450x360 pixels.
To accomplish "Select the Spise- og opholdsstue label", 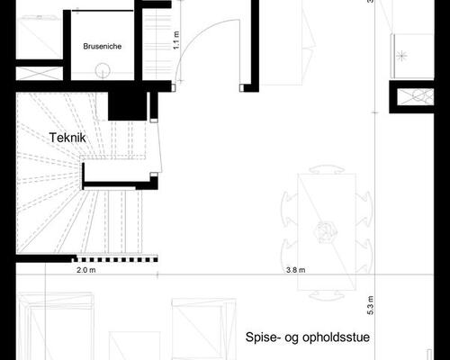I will (x=307, y=338).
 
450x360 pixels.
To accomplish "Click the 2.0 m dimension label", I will (x=86, y=269).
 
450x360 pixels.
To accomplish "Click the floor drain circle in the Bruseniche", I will (x=102, y=67).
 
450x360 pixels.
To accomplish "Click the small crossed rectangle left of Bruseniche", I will (x=39, y=39).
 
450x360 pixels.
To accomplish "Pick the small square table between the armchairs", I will (x=134, y=346).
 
